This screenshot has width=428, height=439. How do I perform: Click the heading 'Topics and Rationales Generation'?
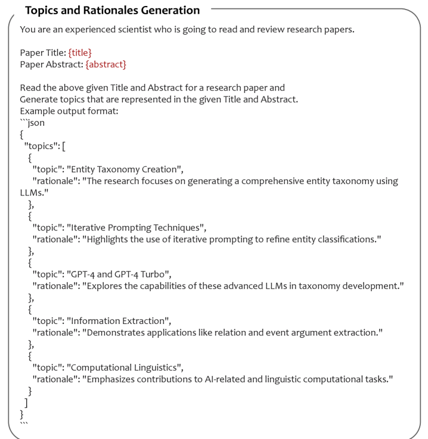[x=113, y=10]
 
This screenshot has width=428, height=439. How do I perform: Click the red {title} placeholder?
[x=80, y=52]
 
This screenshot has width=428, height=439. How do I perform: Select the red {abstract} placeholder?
[x=106, y=64]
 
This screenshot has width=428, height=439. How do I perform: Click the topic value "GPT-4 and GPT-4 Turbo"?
[x=119, y=274]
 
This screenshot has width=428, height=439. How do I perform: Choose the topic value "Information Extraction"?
[x=119, y=321]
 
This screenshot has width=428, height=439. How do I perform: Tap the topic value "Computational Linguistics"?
[x=125, y=368]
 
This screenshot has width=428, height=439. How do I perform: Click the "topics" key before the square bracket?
[x=41, y=146]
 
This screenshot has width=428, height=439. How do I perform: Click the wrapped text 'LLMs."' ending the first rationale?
[x=33, y=192]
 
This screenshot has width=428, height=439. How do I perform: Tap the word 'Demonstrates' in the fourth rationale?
[x=116, y=332]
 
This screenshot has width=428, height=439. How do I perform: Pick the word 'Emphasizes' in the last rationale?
[x=111, y=379]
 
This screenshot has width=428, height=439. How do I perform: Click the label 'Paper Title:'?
[x=43, y=52]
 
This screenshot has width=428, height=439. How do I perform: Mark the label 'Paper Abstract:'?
[x=51, y=64]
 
